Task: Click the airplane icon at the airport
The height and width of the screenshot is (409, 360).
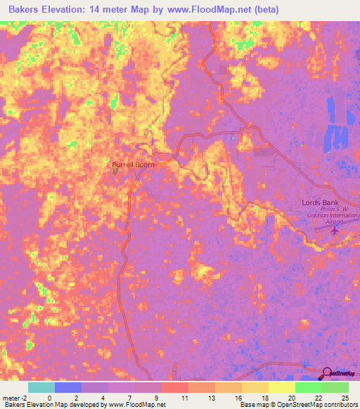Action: click(335, 230)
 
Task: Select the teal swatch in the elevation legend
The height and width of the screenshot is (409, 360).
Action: click(41, 387)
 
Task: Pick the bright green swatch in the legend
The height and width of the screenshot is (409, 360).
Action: click(308, 387)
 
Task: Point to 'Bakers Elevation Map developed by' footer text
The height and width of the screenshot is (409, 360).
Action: click(53, 405)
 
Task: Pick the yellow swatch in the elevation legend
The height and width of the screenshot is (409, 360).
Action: click(281, 387)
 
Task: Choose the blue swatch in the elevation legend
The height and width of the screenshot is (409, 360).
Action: click(67, 387)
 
